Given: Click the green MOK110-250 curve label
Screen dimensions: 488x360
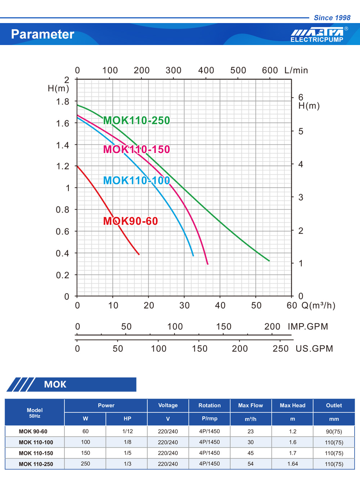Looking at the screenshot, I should pos(136,120).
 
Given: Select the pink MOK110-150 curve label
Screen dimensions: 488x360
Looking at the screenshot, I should pos(136,149).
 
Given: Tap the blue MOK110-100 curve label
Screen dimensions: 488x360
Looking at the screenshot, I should pos(136,180).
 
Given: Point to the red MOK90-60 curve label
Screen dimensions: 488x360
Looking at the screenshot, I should pos(130,221).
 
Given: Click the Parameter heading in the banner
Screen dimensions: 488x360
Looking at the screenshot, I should pos(42,34).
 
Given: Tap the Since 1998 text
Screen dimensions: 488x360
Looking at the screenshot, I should pos(332,18).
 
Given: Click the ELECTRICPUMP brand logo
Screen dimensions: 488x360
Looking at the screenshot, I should pos(317,35).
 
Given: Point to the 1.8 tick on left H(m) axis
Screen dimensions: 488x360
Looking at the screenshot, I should pos(63,102).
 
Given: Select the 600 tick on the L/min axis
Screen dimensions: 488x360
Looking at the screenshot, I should pos(270,70).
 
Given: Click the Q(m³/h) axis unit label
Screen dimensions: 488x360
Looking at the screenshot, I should pos(318,305).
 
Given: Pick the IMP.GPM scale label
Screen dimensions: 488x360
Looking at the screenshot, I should pos(308,327).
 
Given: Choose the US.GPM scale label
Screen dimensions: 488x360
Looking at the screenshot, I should pos(314,349).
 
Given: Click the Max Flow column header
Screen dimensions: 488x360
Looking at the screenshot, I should pos(251,406).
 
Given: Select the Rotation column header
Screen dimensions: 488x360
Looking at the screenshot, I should pos(210,406).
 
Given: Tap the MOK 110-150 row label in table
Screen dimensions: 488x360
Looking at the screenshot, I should pos(36,453).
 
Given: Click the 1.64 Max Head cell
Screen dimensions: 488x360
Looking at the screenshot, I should pos(293,464).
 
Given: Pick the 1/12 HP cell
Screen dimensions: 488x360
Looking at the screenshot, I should pos(127,431).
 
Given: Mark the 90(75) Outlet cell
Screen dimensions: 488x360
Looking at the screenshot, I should pos(334,431).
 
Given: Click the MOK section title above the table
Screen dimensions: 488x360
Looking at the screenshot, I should pos(55,384).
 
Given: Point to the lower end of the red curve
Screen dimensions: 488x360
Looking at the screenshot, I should pos(139,254).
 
